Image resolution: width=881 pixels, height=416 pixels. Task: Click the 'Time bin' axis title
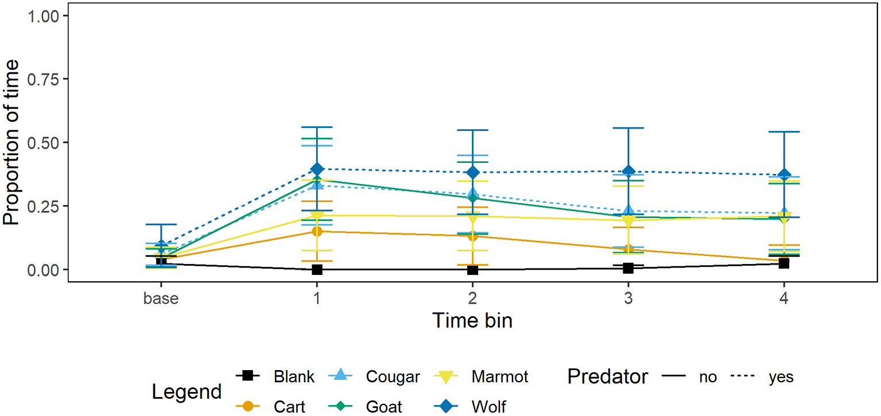[472, 320]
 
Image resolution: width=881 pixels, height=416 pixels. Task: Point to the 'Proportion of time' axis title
[14, 142]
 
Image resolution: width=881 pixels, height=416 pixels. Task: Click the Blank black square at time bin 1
[317, 269]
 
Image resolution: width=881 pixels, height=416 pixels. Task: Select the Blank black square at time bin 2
[472, 269]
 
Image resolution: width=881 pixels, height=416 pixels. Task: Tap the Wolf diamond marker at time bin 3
[628, 172]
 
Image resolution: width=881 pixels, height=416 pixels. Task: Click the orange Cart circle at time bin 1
[317, 231]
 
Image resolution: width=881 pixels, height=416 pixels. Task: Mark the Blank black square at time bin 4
[783, 263]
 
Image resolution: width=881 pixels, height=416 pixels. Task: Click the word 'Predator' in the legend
[608, 377]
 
